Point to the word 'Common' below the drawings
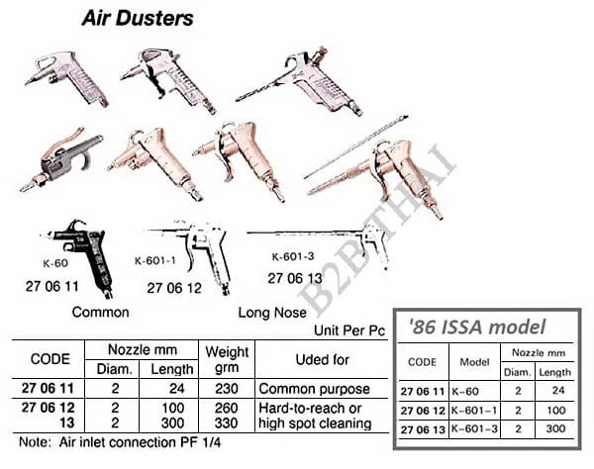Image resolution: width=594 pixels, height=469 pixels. pyautogui.click(x=100, y=312)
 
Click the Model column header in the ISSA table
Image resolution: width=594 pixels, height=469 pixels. pyautogui.click(x=474, y=362)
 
